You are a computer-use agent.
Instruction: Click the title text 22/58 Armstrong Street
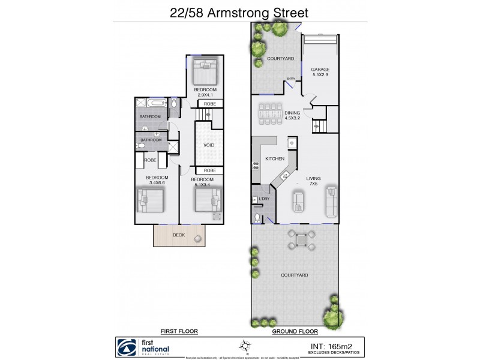[239, 12]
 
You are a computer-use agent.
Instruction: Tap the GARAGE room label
[320, 70]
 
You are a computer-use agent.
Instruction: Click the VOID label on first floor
[209, 145]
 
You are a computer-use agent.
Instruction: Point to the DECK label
[179, 235]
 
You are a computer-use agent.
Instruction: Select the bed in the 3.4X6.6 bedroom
[150, 201]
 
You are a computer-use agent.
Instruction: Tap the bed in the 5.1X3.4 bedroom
[208, 200]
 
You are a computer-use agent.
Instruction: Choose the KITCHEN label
[275, 159]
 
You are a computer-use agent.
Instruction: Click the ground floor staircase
[317, 126]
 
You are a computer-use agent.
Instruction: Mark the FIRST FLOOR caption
[179, 331]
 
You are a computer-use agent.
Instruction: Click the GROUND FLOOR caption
[295, 331]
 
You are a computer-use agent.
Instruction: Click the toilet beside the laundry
[257, 217]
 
